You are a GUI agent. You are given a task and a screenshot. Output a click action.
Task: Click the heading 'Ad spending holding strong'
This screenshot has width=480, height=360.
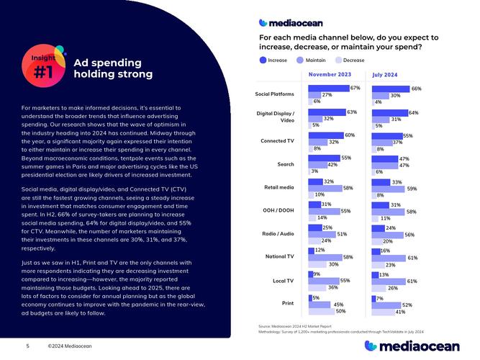point(113,68)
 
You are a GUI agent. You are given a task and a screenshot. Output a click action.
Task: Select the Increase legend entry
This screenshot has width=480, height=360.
point(273,60)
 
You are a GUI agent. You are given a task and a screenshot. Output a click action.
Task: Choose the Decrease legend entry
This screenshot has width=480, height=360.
point(349,60)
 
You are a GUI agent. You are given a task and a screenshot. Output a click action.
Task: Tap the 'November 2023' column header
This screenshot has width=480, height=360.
point(330,74)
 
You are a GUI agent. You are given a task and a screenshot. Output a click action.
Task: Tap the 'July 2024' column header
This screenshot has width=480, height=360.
point(385,75)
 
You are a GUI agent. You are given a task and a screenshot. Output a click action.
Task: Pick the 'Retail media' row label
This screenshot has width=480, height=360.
point(279,188)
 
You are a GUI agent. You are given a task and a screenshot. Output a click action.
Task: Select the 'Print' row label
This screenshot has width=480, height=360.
point(286,304)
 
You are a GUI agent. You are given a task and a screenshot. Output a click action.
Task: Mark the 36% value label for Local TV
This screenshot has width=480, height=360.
point(332,288)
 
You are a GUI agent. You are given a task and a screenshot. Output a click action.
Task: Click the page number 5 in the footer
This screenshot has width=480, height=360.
point(27,346)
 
